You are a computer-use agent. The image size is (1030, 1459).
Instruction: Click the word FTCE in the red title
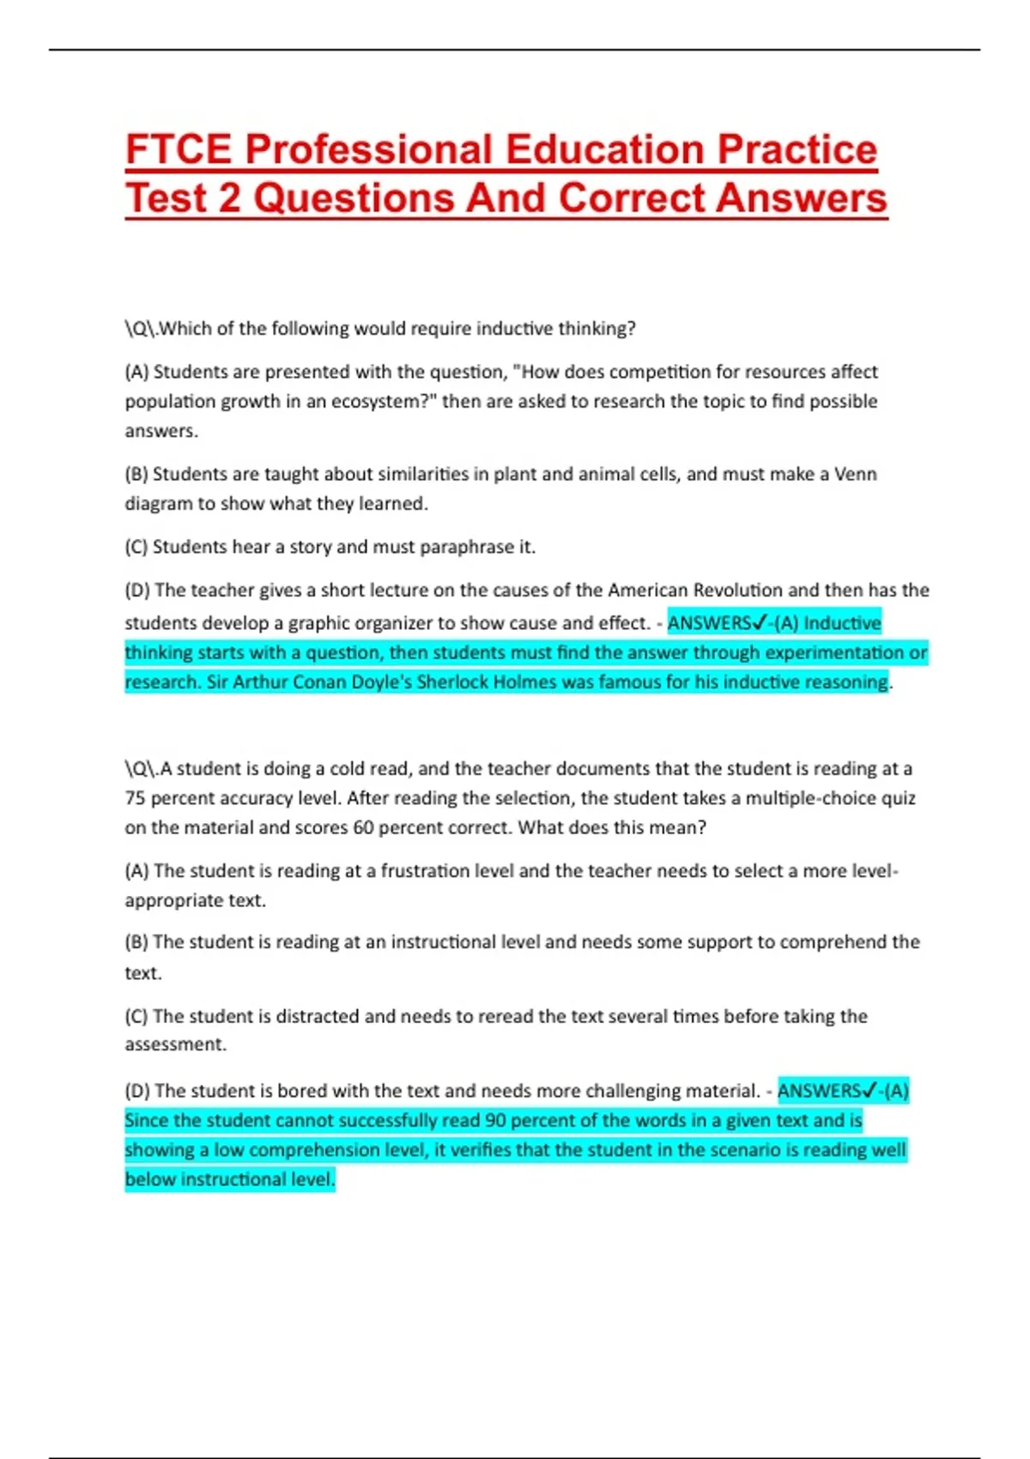[x=179, y=149]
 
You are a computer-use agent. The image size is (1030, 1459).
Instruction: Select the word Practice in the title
[x=797, y=149]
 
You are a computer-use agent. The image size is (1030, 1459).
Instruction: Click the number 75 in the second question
[x=135, y=798]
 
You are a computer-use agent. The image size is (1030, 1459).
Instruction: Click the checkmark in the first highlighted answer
[x=759, y=622]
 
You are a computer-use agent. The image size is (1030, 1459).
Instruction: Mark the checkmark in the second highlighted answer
[x=869, y=1091]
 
